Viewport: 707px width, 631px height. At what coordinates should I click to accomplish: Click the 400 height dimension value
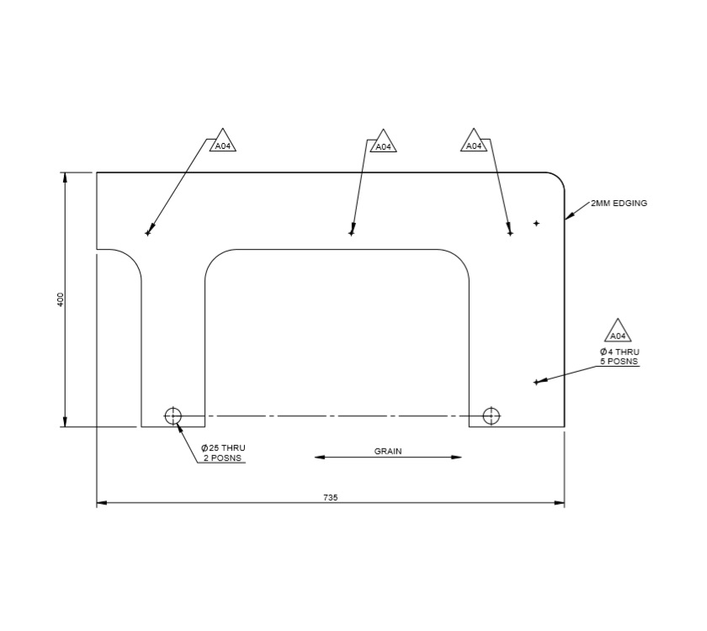(60, 300)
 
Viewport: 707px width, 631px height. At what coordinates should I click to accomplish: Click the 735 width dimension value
(330, 497)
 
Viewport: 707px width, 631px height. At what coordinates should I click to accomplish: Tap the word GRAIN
(388, 451)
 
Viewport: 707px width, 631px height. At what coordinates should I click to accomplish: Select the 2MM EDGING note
(619, 204)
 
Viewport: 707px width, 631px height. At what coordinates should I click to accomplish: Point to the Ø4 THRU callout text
(619, 352)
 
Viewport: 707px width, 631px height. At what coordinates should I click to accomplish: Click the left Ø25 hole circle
(173, 415)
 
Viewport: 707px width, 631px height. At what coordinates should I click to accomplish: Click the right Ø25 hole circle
(491, 415)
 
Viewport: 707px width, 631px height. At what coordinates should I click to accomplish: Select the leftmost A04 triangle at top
(222, 142)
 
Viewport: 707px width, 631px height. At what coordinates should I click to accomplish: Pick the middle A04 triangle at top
(383, 143)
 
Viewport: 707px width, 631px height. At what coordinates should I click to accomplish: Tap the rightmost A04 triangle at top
(475, 142)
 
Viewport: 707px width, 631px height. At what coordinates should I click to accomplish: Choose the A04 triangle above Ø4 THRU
(619, 332)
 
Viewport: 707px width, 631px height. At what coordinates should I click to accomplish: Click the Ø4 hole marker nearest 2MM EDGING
(536, 223)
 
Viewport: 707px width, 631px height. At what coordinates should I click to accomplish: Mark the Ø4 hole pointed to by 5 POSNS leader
(535, 382)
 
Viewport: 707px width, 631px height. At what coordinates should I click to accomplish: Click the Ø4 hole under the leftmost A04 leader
(148, 233)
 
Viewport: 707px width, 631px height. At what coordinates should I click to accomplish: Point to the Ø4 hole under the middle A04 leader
(352, 233)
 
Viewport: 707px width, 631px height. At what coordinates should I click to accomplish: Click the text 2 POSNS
(223, 459)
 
